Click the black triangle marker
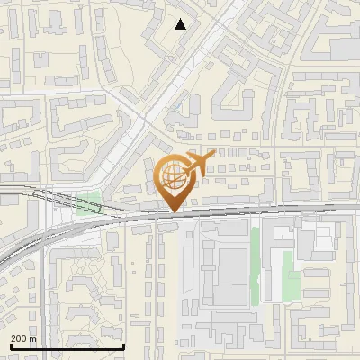pos(181,24)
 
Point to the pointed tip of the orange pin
pos(173,211)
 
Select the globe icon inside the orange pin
pos(172,178)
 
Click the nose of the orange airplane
pos(213,155)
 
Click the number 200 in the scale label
pos(19,338)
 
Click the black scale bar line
pos(67,347)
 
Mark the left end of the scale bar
pos(10,347)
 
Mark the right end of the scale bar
pos(123,347)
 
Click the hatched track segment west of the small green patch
pos(49,196)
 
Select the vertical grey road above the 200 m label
pos(41,297)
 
